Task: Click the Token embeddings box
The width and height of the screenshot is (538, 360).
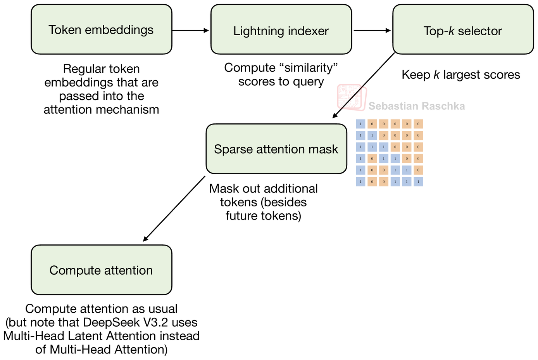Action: point(101,29)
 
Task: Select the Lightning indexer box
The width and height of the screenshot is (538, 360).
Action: point(281,29)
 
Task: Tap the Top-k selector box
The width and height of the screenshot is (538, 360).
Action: point(463,29)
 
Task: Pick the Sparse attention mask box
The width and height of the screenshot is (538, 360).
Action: point(276,149)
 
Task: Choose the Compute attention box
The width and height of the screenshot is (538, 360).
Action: point(101,270)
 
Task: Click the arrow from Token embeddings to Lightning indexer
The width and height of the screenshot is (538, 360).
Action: point(190,30)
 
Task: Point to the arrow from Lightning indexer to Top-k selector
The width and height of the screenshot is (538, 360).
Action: point(372,30)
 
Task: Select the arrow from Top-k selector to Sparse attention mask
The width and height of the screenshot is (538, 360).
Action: point(364,85)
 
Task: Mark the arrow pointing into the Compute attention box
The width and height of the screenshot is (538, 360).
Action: point(174,209)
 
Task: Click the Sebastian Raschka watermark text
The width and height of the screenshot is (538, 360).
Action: point(416,106)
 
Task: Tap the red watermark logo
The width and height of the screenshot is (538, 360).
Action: point(352,97)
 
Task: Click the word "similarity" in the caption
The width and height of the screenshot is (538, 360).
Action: point(309,68)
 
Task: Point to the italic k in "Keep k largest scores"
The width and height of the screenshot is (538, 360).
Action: point(436,74)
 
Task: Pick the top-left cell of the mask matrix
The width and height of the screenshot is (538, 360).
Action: point(360,124)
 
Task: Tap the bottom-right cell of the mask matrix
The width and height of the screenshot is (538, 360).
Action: point(418,182)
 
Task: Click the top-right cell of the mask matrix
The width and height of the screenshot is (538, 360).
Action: point(418,124)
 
